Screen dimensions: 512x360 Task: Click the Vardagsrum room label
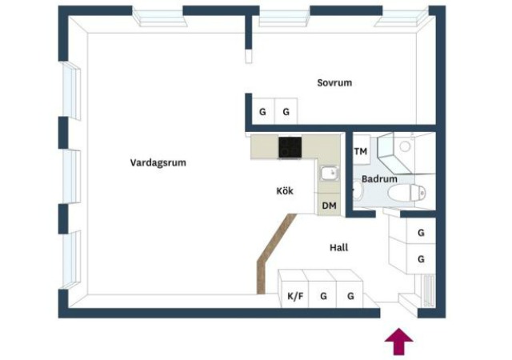pos(158,162)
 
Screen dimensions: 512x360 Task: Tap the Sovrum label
pos(334,82)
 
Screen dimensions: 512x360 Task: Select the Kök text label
pos(285,190)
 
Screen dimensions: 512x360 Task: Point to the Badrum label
pos(379,179)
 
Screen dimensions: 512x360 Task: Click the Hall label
pos(339,248)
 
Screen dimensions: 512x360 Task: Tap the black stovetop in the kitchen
pos(290,147)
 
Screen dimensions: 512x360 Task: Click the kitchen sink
pos(330,173)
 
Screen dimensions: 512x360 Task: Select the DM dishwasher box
pos(329,205)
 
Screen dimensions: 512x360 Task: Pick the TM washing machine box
pos(361,150)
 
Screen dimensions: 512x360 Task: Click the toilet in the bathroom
pos(407,193)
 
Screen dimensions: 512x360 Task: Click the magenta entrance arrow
pos(398,342)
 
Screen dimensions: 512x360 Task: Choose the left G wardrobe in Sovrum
pos(263,111)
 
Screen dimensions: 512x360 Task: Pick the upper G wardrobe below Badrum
pos(421,231)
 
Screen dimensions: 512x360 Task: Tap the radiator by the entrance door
pos(428,290)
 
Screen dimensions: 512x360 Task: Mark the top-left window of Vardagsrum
pos(159,17)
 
